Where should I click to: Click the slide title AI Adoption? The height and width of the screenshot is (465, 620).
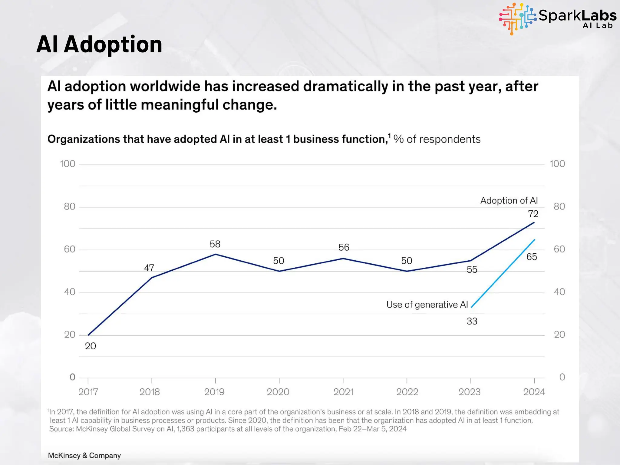pos(99,45)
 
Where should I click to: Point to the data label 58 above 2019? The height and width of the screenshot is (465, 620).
pos(215,244)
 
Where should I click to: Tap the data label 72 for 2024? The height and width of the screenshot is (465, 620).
pos(533,214)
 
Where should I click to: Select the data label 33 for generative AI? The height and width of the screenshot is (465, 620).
pos(472,321)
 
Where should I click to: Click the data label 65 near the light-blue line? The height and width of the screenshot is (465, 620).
pos(532,257)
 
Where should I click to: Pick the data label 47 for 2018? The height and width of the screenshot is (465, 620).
pos(149,268)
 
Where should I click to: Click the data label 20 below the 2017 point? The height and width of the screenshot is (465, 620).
pos(90,346)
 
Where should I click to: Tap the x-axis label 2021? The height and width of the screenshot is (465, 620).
pos(343,392)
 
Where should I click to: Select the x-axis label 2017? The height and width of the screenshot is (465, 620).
pos(88,392)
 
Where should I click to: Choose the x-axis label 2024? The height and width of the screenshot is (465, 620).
pos(534,392)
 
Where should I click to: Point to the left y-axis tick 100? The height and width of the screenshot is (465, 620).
pos(68,164)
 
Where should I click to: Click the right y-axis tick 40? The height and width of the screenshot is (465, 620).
pos(559,292)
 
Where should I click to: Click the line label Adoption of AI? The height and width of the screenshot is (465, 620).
pos(509,200)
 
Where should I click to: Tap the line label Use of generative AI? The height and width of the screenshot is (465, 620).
pos(427,305)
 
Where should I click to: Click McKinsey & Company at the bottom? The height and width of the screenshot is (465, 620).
pos(84,455)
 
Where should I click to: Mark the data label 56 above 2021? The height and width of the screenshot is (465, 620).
pos(344,247)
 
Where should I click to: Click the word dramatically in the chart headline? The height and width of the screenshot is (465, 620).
pos(345,87)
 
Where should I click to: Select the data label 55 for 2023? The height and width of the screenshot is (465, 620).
pos(472,269)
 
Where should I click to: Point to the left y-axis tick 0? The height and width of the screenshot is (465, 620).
pos(72,377)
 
